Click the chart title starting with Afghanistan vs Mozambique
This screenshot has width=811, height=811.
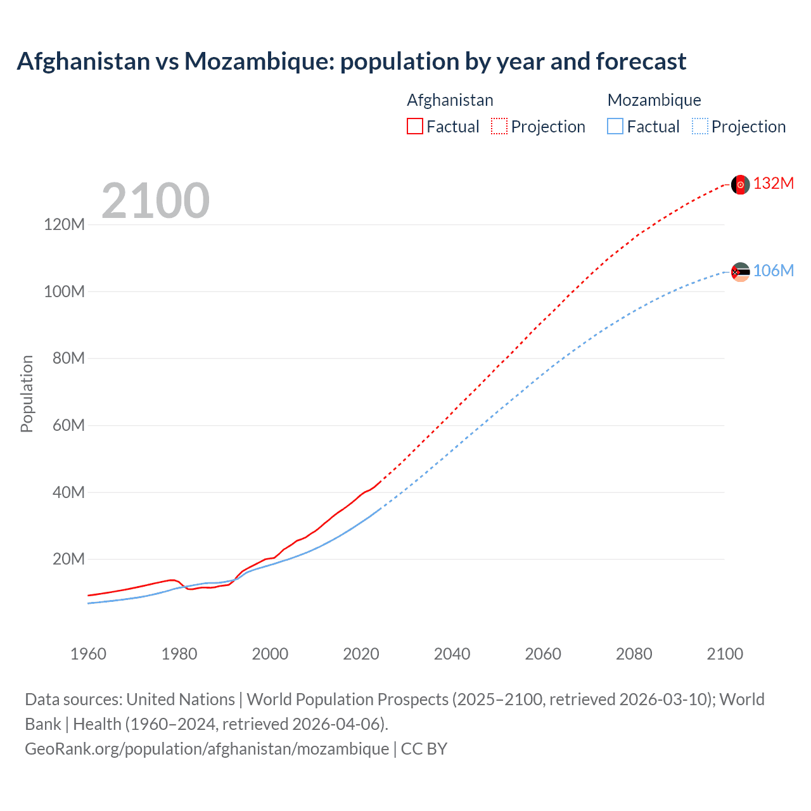(x=351, y=61)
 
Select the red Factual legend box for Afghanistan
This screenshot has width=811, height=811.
(x=414, y=126)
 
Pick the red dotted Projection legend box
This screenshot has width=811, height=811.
(x=499, y=126)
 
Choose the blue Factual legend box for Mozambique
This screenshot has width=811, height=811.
(x=615, y=126)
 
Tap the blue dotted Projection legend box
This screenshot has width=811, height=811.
(x=699, y=126)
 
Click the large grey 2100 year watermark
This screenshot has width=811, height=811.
(x=155, y=201)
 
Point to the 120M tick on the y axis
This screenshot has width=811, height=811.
(x=64, y=224)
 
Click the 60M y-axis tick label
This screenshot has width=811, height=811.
(x=68, y=425)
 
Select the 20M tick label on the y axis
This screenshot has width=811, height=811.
(x=68, y=559)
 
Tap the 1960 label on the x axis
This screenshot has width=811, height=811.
(x=88, y=654)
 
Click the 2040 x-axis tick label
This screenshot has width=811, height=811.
(x=452, y=654)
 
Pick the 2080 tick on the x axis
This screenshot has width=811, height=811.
(x=634, y=654)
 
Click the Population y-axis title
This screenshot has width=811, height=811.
(x=27, y=393)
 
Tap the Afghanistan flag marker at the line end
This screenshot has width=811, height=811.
(x=740, y=184)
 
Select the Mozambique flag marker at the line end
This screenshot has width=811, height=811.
(x=740, y=272)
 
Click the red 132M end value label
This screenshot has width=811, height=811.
(x=773, y=184)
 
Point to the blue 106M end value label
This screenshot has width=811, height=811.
(x=773, y=271)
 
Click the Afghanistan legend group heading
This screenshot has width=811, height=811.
(x=450, y=100)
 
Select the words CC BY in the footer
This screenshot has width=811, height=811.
(x=424, y=749)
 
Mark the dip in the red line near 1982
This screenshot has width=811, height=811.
(x=189, y=589)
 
